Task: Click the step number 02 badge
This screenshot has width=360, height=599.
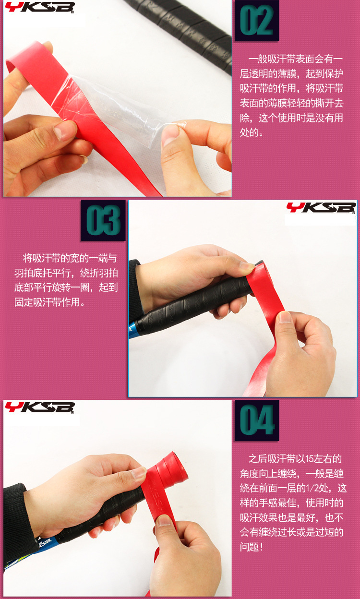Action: [257, 21]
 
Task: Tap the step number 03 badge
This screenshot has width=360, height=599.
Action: [103, 220]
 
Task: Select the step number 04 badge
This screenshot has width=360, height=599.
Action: [257, 420]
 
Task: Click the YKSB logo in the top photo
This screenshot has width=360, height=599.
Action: [39, 7]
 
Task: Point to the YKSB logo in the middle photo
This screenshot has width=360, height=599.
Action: [321, 208]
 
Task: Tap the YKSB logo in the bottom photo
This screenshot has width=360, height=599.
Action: [39, 408]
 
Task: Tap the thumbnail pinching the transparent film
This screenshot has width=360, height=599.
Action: [170, 134]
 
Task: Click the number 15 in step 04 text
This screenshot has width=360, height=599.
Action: [309, 459]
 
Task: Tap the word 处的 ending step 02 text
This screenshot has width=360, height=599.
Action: [249, 132]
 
